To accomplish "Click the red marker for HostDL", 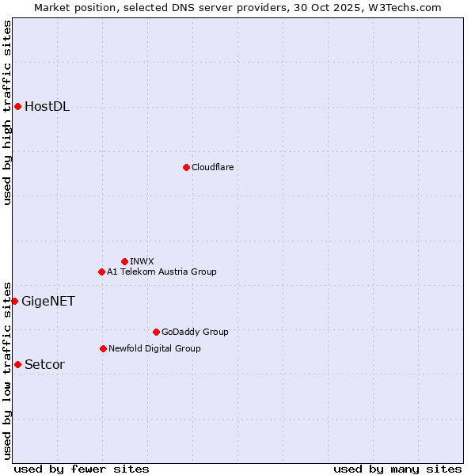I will coord(17,106).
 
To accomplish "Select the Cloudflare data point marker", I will coord(186,167).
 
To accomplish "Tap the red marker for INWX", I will coord(124,261).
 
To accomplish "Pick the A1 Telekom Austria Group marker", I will coord(101,272).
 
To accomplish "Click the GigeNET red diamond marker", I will coord(14,301).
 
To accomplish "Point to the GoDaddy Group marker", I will coord(156,332).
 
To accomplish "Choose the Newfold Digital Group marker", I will coord(103,348).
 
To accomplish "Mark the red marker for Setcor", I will coord(17,364).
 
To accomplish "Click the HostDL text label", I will coord(47,107).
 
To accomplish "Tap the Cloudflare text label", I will coord(212,167).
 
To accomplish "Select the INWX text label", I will coord(142,261).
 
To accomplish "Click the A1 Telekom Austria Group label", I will coord(161,272).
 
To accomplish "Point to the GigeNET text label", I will coord(47,301).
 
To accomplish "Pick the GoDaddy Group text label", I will coord(195,332).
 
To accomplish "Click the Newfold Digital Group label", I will coord(154,348).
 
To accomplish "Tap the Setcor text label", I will coord(44,364).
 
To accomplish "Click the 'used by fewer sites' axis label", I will coord(82,469).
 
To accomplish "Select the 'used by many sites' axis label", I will coord(397,469).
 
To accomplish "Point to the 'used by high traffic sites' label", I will coord(7,112).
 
